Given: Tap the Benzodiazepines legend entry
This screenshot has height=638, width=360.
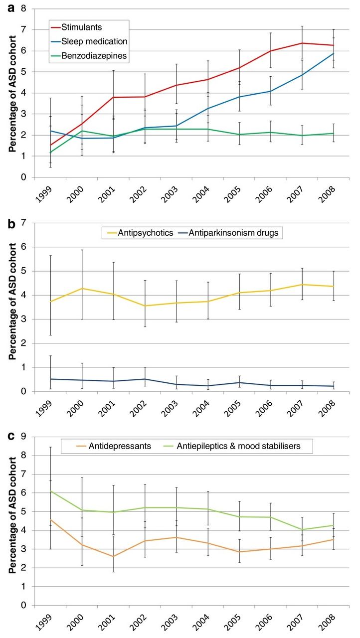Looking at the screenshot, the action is (x=89, y=55).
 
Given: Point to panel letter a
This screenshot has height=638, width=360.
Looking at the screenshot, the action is (x=11, y=8).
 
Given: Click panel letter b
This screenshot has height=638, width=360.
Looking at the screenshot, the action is (x=11, y=224).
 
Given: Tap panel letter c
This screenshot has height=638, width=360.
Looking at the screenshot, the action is (x=11, y=437).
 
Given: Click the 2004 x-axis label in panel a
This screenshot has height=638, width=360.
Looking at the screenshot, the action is (x=201, y=194).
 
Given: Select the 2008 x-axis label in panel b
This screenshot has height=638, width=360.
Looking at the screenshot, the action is (x=327, y=409).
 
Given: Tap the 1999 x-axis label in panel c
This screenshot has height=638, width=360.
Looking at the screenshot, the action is (x=44, y=623).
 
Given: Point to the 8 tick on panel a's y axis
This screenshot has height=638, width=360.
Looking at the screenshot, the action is (x=23, y=8).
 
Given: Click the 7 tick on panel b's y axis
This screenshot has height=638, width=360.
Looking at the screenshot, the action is (x=23, y=223).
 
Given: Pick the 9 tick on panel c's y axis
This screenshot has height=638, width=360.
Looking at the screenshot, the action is (x=23, y=437).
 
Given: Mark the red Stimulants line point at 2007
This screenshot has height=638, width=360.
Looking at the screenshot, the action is (x=302, y=43).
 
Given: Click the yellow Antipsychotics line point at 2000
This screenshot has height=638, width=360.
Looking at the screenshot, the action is (x=82, y=288).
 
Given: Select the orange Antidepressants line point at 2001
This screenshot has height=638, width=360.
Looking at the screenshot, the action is (x=114, y=557).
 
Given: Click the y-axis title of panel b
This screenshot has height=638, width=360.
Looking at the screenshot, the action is (x=12, y=302).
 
